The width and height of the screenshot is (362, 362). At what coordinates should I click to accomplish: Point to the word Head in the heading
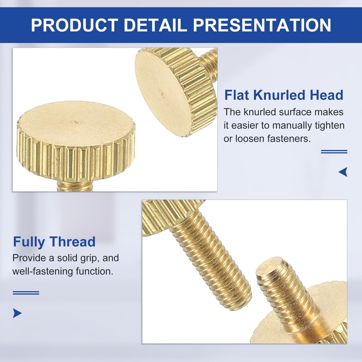pos(327,95)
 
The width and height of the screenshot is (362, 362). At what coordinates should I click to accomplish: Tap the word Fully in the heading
pos(29,242)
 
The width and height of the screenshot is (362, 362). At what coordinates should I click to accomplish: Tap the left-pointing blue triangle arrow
pos(343,172)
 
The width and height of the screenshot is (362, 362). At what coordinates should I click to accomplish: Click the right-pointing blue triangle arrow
pos(17,313)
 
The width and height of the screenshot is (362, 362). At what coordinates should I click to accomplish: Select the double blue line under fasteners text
pos(334,152)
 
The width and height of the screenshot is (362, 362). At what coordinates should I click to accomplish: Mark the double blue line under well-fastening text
pos(26,293)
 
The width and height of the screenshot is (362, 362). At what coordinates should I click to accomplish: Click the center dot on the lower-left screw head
pos(76,121)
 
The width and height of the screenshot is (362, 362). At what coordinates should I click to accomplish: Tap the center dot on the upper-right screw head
pos(162,94)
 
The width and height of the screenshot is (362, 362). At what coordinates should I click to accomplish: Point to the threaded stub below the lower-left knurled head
pos(75,185)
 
